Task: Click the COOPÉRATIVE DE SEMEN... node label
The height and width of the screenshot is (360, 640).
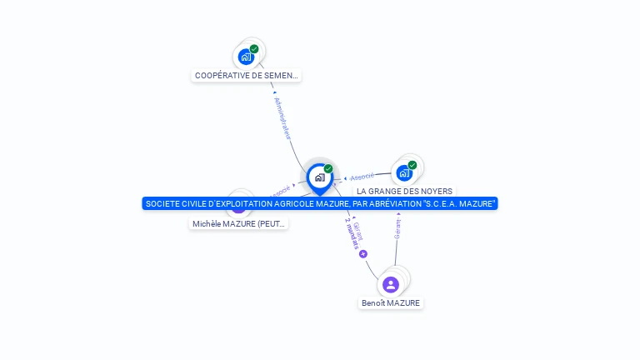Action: click(x=246, y=76)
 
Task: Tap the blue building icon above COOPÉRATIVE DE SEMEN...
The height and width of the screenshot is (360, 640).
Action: click(x=245, y=57)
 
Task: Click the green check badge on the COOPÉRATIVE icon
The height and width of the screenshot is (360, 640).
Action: click(x=254, y=49)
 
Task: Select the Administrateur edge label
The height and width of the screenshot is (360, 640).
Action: click(x=283, y=117)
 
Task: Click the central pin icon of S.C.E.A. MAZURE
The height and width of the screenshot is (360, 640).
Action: click(x=319, y=177)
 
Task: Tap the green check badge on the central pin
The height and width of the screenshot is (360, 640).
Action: click(x=328, y=168)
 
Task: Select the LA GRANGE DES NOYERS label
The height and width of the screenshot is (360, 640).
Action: click(x=405, y=192)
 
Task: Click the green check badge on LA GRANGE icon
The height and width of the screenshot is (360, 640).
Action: click(x=412, y=165)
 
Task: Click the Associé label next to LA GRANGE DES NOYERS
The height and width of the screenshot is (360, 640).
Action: click(x=362, y=177)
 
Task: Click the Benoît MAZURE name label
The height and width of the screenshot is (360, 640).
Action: click(x=391, y=303)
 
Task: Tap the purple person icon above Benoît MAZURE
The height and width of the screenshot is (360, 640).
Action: click(x=391, y=284)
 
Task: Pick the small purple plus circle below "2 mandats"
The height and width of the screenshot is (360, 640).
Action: click(x=363, y=254)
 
